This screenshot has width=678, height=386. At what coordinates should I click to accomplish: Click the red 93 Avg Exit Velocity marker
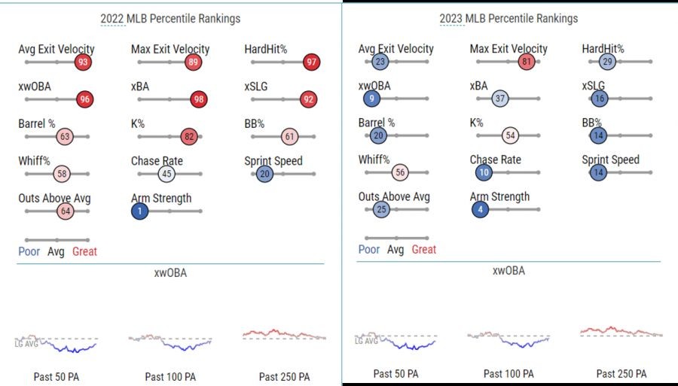click(x=83, y=62)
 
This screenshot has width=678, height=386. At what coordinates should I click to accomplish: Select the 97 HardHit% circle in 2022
click(x=311, y=62)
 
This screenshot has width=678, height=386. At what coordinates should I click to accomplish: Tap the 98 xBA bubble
click(x=198, y=99)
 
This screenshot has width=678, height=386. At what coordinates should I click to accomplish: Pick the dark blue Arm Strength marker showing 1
click(x=139, y=211)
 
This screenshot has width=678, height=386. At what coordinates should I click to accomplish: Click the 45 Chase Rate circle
click(x=166, y=174)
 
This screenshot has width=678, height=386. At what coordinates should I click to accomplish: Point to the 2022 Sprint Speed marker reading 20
click(x=264, y=174)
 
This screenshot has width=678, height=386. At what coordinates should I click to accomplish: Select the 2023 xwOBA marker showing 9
click(x=371, y=99)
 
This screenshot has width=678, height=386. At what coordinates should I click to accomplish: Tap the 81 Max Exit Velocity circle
click(x=527, y=61)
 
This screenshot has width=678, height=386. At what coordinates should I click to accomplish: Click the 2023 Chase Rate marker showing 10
click(x=484, y=173)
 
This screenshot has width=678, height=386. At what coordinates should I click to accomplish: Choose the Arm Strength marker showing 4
click(x=480, y=210)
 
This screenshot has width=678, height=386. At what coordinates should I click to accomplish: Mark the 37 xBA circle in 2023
click(x=500, y=99)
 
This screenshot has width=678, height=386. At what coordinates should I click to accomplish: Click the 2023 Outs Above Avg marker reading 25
click(x=381, y=210)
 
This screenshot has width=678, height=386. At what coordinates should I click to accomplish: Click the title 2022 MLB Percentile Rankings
click(x=170, y=19)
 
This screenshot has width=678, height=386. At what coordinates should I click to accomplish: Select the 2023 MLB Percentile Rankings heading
click(x=508, y=19)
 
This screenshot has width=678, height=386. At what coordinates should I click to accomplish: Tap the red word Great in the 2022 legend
click(x=84, y=251)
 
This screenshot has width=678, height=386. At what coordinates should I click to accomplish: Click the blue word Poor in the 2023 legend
click(x=369, y=249)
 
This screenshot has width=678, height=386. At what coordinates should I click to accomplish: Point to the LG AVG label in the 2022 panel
click(x=26, y=344)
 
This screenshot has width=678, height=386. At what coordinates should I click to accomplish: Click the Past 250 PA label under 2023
click(x=621, y=373)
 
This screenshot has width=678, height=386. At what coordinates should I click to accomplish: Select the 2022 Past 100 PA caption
click(x=170, y=377)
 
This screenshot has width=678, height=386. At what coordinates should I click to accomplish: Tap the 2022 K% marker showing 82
click(x=189, y=136)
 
